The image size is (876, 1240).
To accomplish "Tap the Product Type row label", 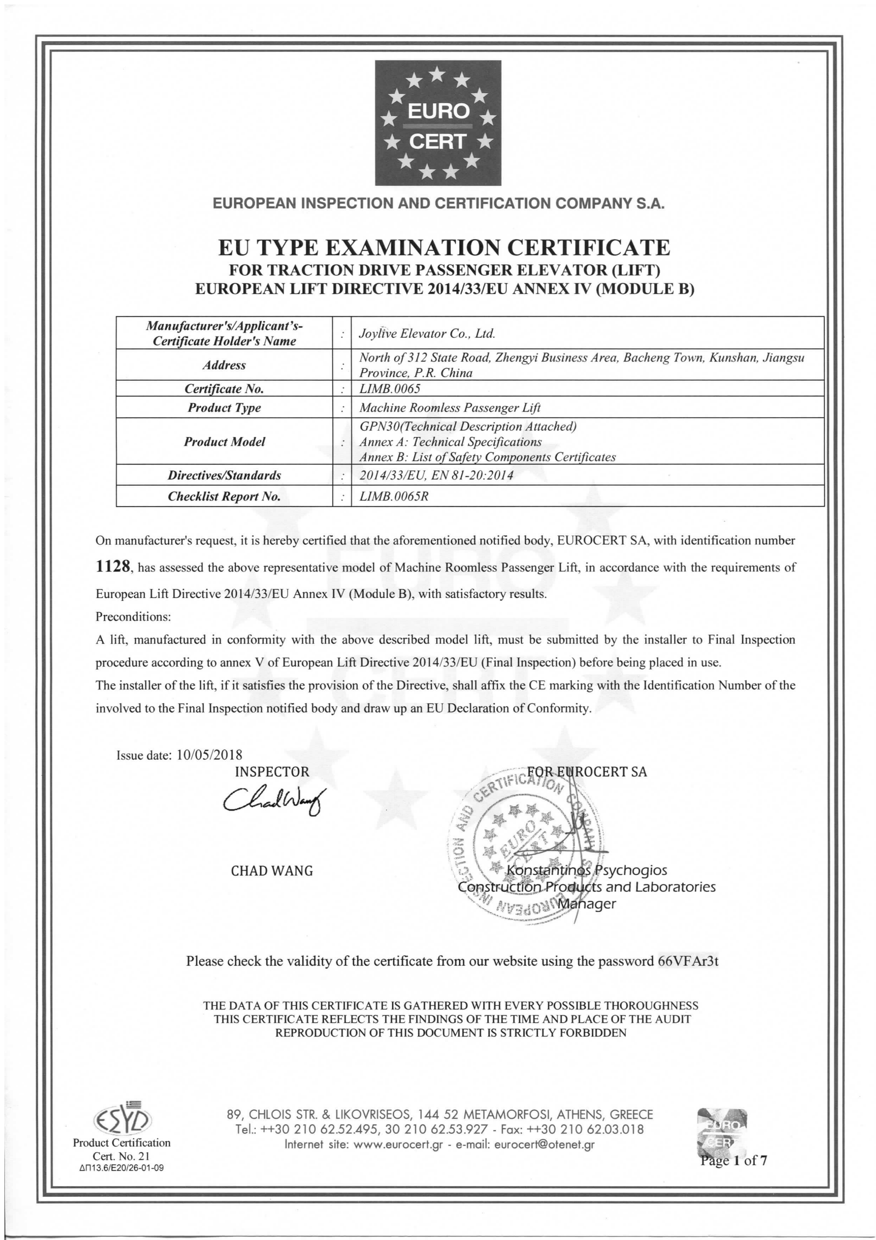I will point(224,408).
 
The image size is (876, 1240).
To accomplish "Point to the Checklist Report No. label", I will point(224,496).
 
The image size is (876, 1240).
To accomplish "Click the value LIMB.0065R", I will point(394,496).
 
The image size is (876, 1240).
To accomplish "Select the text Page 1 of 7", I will point(733,1161).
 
